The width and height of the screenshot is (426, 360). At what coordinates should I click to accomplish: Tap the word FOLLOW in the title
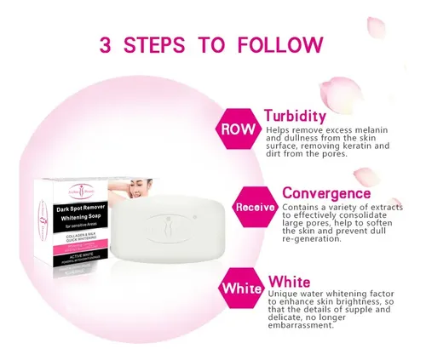(283, 45)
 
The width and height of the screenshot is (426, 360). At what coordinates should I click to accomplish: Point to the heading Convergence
(325, 193)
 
